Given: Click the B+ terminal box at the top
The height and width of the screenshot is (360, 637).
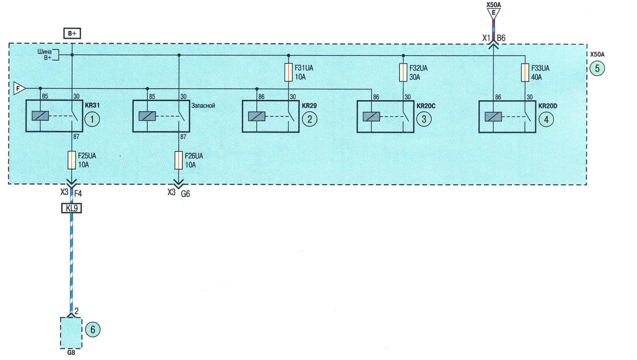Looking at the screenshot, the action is (x=72, y=33).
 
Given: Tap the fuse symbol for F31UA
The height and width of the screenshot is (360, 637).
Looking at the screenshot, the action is (x=288, y=72).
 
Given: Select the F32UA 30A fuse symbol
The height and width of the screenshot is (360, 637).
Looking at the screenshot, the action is (x=403, y=73).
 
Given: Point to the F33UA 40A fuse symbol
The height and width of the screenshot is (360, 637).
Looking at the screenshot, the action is (x=525, y=73).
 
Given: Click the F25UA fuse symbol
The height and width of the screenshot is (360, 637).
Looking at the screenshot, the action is (x=72, y=160).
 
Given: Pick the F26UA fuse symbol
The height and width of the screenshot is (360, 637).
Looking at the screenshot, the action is (x=179, y=160).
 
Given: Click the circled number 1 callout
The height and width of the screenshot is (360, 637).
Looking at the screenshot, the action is (x=92, y=119).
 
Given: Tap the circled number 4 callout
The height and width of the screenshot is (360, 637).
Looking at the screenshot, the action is (x=546, y=119).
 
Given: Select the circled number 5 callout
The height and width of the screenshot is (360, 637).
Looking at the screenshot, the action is (x=597, y=68).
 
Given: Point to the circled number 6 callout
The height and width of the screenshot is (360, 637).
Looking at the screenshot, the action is (x=92, y=330).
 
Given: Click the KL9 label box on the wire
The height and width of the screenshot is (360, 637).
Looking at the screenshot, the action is (x=72, y=209).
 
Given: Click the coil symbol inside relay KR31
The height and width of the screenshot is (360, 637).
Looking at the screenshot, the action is (x=40, y=116).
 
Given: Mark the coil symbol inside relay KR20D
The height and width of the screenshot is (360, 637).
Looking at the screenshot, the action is (x=493, y=117).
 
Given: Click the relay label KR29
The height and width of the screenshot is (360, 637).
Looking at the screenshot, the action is (x=309, y=106).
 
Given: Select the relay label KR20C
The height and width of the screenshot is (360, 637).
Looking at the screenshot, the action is (x=426, y=106).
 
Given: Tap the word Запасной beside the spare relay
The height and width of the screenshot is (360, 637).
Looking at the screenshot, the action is (x=203, y=105).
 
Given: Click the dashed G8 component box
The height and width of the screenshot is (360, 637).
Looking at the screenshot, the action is (x=71, y=333).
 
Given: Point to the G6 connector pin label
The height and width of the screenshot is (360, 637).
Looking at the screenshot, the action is (x=185, y=194).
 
